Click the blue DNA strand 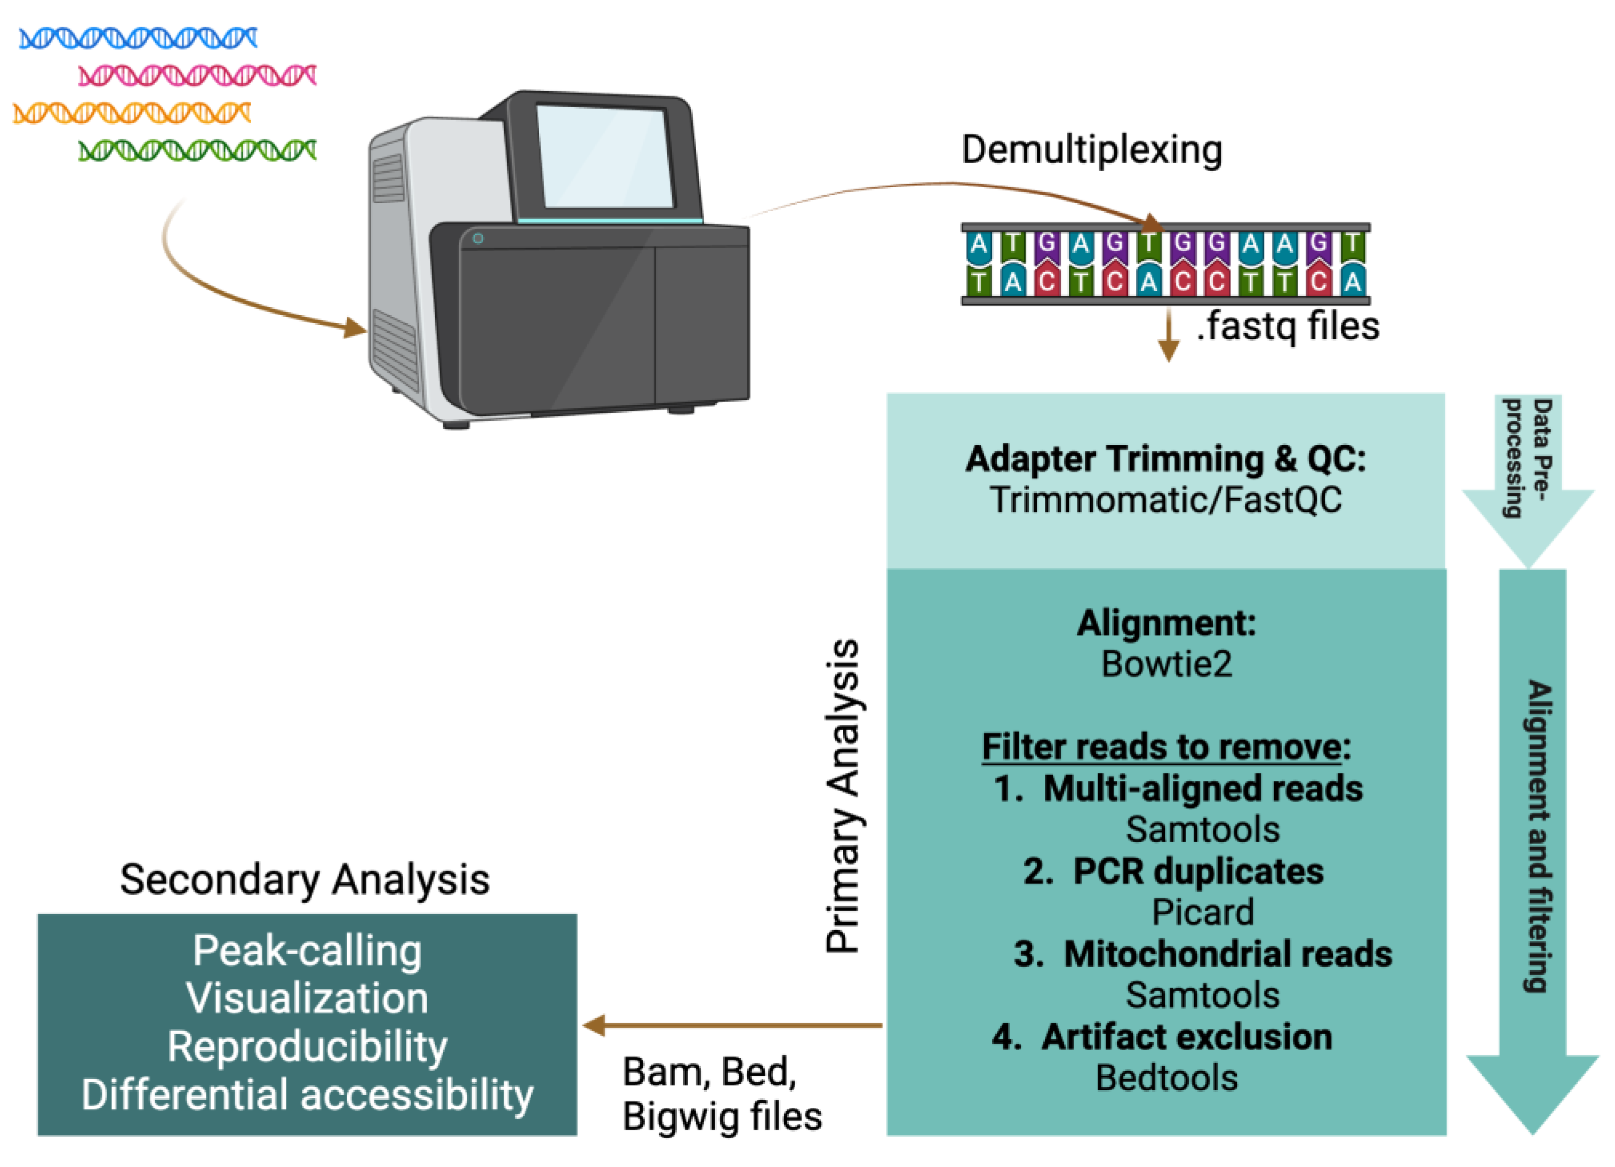coord(138,38)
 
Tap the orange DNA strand coord(132,113)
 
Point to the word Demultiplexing coord(1092,150)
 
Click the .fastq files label coord(1288,327)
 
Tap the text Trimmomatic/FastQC coord(1166,500)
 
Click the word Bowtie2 coord(1166,664)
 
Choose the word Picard coord(1202,912)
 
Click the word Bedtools coord(1166,1078)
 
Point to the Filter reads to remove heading coord(1166,747)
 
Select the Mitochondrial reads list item coord(1202,954)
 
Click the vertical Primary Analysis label coord(843,795)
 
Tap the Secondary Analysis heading coord(305,880)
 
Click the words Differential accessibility coord(307,1094)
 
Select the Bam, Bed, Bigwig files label coord(721,1093)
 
